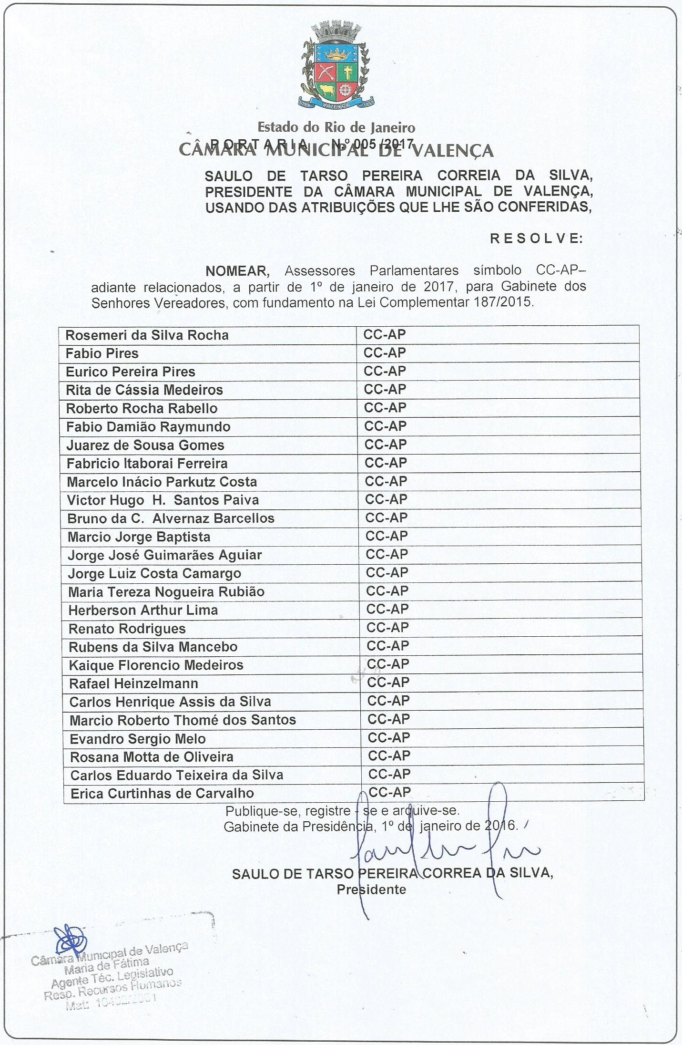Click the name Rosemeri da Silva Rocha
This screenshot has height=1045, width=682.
[x=147, y=335]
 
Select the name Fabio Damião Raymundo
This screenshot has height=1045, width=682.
[x=148, y=427]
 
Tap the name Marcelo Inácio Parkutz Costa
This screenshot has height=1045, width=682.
[x=162, y=482]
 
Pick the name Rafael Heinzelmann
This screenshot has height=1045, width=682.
[x=133, y=683]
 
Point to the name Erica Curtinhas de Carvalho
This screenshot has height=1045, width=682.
[x=162, y=793]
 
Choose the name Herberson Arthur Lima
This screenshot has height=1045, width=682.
[x=143, y=610]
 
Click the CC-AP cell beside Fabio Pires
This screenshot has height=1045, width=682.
[x=385, y=353]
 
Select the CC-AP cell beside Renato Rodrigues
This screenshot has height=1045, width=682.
[x=387, y=628]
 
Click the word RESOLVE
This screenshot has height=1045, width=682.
[x=536, y=238]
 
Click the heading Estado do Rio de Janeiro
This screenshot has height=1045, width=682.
[x=336, y=127]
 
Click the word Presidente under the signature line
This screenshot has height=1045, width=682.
[x=371, y=890]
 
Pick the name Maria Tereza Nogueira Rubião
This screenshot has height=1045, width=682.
[x=166, y=592]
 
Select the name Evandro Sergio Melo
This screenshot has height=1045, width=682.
[x=137, y=739]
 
